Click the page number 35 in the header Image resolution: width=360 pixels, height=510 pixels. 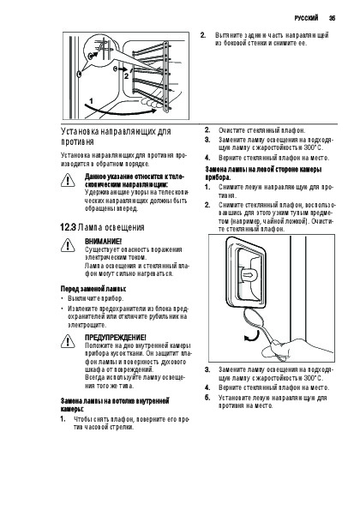click(x=332, y=18)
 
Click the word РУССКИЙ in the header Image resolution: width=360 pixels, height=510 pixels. click(x=306, y=18)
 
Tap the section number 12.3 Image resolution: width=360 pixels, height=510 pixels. click(x=68, y=227)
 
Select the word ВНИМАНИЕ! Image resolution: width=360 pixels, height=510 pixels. click(x=104, y=242)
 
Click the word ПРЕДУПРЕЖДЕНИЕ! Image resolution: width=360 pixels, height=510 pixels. click(x=116, y=337)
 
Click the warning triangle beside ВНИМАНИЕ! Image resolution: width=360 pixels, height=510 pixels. click(x=68, y=245)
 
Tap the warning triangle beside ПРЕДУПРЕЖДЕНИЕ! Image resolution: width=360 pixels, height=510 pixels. click(x=68, y=341)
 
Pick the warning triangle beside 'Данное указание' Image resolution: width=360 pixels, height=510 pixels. click(x=68, y=180)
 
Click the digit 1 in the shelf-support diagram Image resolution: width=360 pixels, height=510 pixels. click(x=92, y=101)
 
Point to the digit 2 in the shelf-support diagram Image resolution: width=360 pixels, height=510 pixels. click(x=127, y=76)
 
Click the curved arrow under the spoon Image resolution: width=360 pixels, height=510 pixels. click(x=252, y=336)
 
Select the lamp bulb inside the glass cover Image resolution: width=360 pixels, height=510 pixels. click(x=249, y=274)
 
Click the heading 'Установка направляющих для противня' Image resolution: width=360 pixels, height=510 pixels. click(x=116, y=136)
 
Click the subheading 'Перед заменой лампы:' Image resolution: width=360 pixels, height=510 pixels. click(x=93, y=289)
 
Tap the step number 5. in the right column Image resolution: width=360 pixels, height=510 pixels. click(x=207, y=397)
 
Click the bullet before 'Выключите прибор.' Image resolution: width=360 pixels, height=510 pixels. click(x=62, y=298)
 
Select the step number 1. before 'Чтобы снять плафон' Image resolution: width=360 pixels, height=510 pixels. click(x=63, y=419)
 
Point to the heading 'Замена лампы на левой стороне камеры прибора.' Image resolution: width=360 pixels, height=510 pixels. click(x=264, y=173)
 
